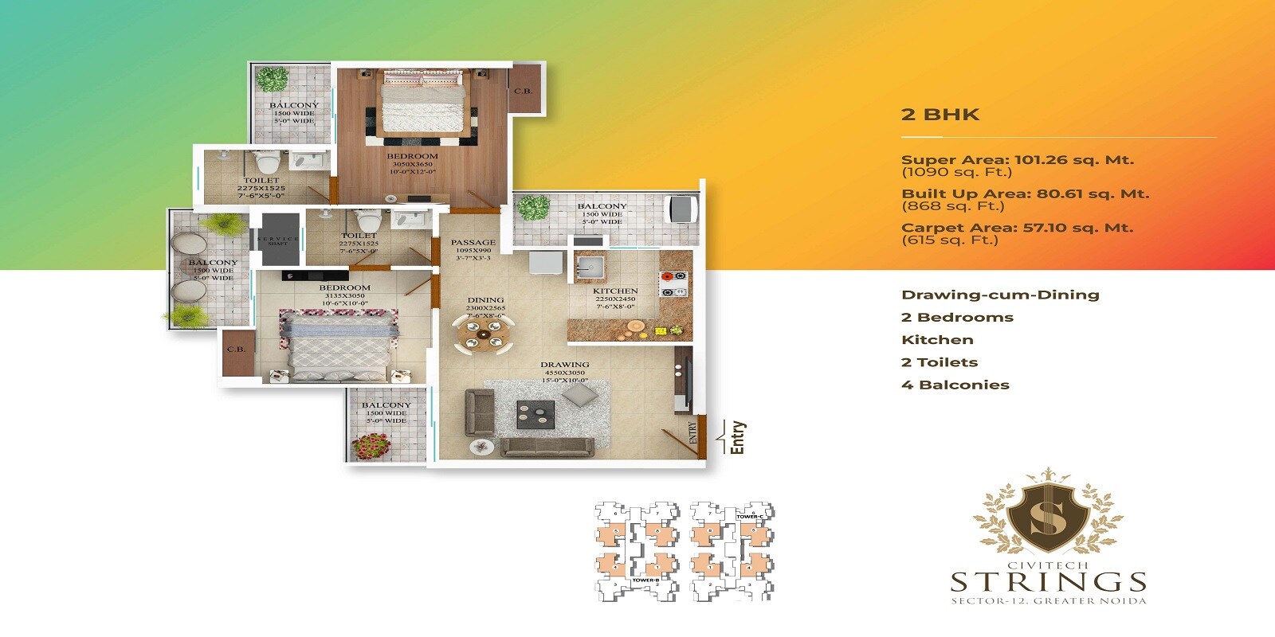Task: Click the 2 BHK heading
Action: pyautogui.click(x=940, y=115)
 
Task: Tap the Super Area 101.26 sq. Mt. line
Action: pyautogui.click(x=1017, y=160)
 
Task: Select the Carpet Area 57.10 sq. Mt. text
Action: pyautogui.click(x=1017, y=228)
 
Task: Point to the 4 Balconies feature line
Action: pyautogui.click(x=955, y=385)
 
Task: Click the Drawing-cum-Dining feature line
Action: pyautogui.click(x=1000, y=295)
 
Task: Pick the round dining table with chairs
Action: pyautogui.click(x=484, y=333)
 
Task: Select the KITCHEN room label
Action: pyautogui.click(x=615, y=291)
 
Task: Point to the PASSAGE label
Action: pyautogui.click(x=473, y=243)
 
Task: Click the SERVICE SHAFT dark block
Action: pyautogui.click(x=278, y=236)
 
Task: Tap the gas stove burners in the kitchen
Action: pyautogui.click(x=673, y=284)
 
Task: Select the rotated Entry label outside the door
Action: pyautogui.click(x=738, y=437)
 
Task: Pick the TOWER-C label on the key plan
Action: pyautogui.click(x=750, y=517)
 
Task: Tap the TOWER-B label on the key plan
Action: pyautogui.click(x=645, y=580)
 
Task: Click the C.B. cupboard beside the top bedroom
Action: pyautogui.click(x=524, y=91)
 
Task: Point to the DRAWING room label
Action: pyautogui.click(x=565, y=365)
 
